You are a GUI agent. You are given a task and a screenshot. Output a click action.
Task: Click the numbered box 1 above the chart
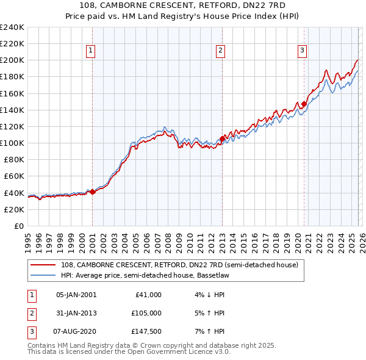[x=90, y=51]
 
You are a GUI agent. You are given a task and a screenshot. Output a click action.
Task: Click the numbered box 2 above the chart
[x=220, y=51]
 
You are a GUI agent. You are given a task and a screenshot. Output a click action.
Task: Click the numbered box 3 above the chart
[x=302, y=51]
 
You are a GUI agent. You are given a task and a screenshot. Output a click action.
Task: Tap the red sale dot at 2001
[x=92, y=192]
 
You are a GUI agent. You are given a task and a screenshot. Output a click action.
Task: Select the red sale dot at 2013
[x=222, y=139]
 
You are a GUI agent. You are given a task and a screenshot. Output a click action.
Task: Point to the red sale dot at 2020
[x=304, y=104]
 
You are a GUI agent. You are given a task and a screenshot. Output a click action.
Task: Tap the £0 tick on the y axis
[x=18, y=226]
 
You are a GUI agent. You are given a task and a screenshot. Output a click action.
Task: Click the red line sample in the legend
[x=43, y=265]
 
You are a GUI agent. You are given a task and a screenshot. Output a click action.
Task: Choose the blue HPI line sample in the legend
[x=43, y=275]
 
